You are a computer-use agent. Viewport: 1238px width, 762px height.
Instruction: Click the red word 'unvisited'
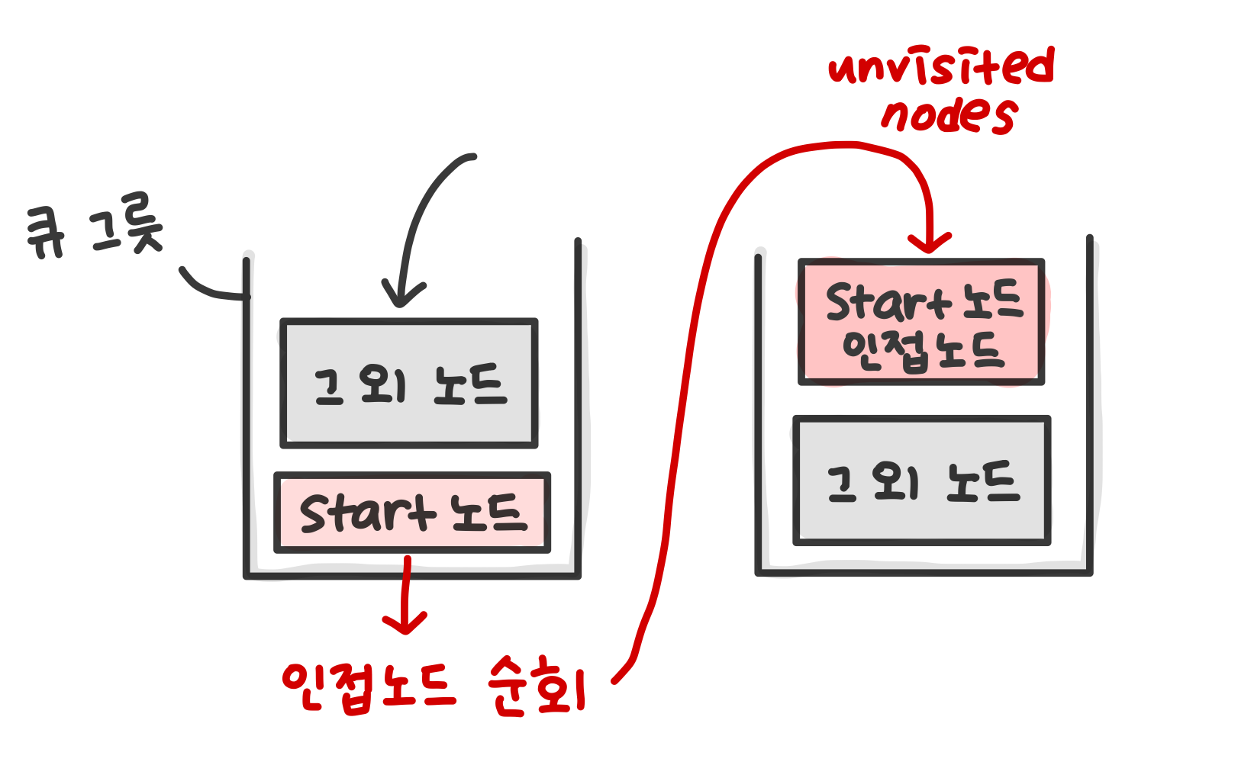(x=941, y=66)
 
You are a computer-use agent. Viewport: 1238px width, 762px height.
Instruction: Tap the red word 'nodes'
(x=949, y=115)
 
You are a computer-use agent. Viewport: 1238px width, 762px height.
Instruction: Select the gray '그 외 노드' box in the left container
(x=409, y=383)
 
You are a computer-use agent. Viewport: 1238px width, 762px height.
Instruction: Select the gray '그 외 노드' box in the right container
(x=922, y=481)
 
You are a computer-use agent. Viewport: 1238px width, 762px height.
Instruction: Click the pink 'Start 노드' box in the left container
(x=412, y=513)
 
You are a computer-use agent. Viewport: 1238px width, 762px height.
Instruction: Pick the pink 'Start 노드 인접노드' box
(x=921, y=322)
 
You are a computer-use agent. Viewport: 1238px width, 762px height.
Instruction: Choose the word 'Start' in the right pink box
(x=888, y=303)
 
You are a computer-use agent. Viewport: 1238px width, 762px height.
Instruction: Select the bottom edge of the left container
(x=412, y=575)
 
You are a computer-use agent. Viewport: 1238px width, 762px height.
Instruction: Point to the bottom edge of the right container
(x=924, y=571)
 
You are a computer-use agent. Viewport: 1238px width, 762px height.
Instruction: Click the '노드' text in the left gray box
(x=469, y=384)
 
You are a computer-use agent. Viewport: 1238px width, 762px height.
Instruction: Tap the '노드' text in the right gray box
(x=982, y=481)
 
